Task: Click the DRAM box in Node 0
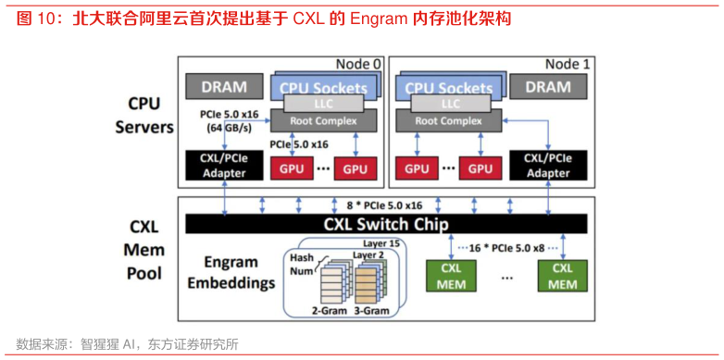tap(224, 87)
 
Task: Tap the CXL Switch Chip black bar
tap(385, 224)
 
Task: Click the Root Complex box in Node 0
tap(321, 120)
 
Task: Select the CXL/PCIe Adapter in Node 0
tap(224, 166)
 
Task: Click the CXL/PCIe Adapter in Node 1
tap(547, 166)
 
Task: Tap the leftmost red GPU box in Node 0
tap(291, 168)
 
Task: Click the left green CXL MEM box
tap(450, 275)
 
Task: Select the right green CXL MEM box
tap(563, 275)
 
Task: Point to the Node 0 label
tap(358, 64)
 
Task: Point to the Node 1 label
tap(567, 64)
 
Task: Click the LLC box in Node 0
tap(321, 104)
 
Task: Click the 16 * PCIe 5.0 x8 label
tap(506, 249)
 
